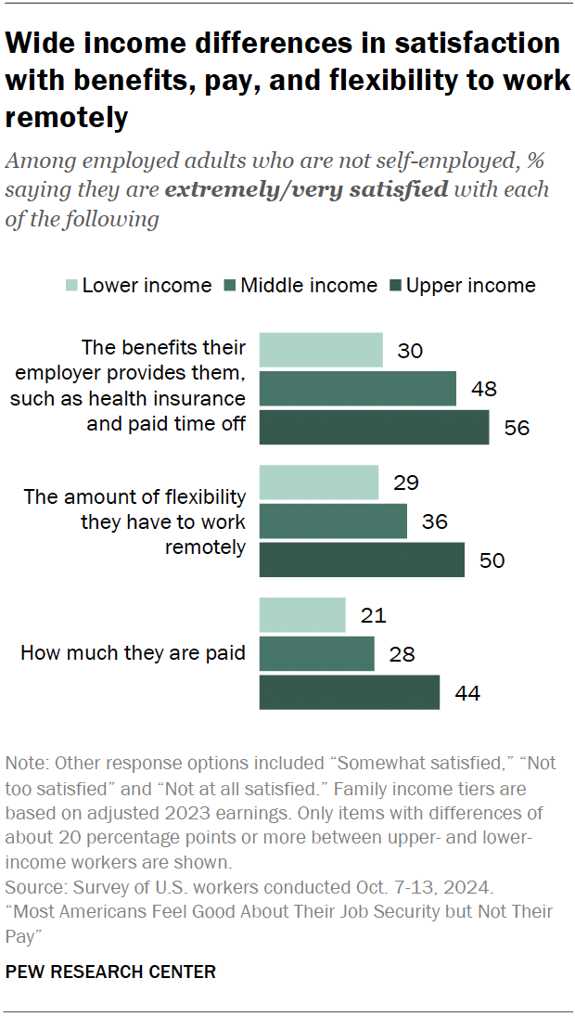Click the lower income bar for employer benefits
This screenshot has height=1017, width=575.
320,350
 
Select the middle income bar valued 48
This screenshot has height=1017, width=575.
357,388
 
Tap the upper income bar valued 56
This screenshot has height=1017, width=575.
373,427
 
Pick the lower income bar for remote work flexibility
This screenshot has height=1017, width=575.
318,483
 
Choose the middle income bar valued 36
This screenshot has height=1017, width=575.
332,521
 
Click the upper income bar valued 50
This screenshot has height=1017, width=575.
361,560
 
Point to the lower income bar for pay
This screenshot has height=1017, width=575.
301,614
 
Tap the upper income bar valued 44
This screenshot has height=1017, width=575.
349,691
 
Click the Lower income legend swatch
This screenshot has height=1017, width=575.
71,285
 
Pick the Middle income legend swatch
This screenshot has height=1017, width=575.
229,285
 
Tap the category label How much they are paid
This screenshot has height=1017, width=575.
133,652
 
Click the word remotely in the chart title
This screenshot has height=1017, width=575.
66,118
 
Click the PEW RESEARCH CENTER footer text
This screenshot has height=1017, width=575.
110,972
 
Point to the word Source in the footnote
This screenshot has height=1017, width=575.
31,874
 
